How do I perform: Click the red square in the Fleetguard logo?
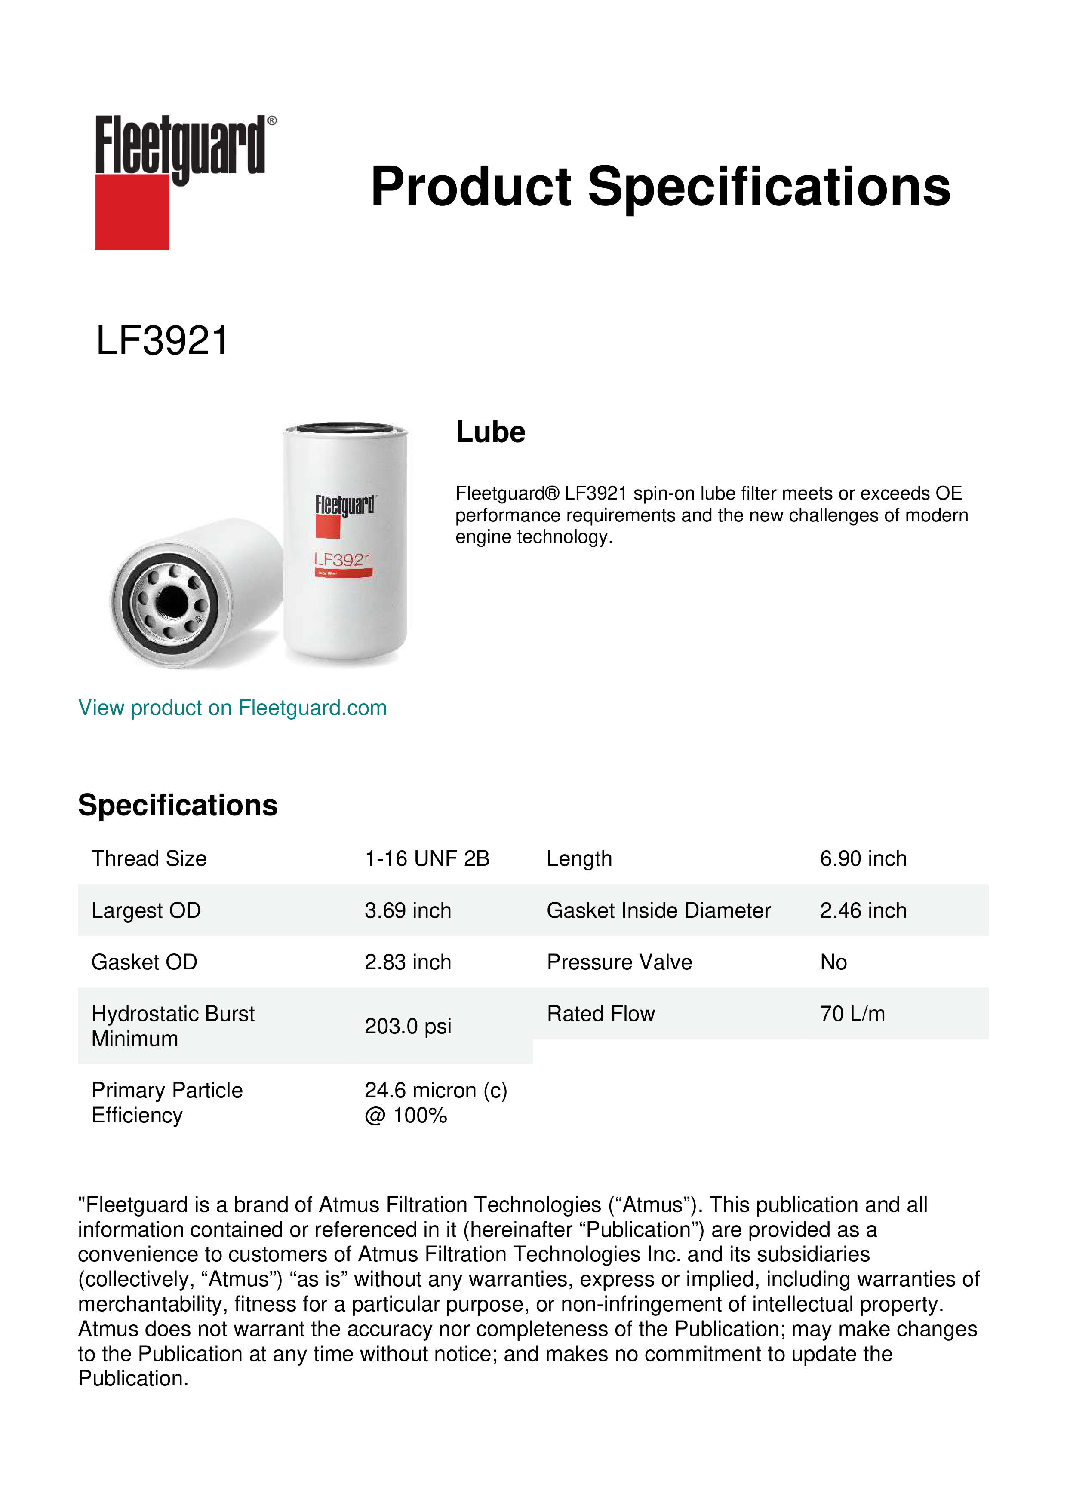tap(132, 211)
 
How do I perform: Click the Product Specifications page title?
tap(660, 187)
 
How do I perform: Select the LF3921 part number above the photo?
tap(162, 341)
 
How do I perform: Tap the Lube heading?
tap(490, 432)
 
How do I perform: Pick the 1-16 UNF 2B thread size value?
tap(427, 858)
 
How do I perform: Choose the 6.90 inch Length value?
tap(863, 858)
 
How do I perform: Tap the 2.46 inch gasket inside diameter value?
tap(863, 910)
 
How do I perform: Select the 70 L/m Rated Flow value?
tap(852, 1014)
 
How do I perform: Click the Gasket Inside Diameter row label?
tap(658, 910)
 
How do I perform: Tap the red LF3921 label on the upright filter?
tap(343, 560)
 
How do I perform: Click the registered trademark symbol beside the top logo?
tap(272, 121)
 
